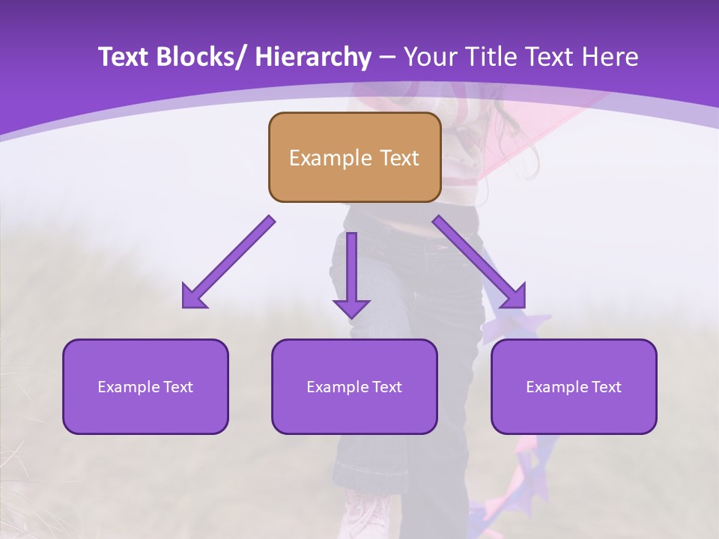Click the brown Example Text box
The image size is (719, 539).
(x=354, y=157)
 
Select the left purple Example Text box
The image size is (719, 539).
(x=145, y=386)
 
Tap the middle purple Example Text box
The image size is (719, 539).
(x=354, y=386)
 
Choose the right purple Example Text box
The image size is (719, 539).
(x=574, y=386)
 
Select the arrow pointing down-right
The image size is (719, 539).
(x=479, y=262)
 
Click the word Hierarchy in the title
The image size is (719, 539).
(x=313, y=57)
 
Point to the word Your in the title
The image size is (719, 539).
(x=430, y=57)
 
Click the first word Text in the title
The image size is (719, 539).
(x=124, y=57)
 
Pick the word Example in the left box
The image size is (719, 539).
(x=128, y=387)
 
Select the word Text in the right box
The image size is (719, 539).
(x=606, y=387)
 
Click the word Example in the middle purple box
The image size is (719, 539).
(x=337, y=387)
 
